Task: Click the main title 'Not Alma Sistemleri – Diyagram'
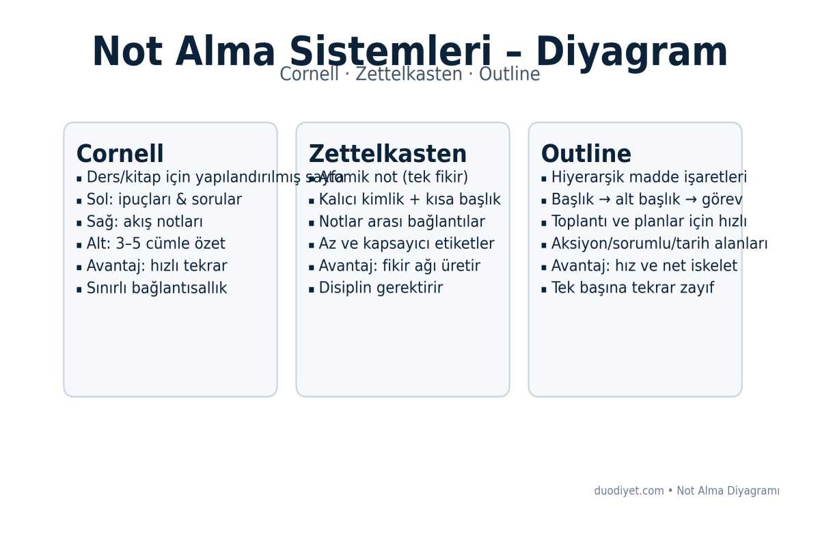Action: click(410, 52)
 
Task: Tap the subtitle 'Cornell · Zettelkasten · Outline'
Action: click(410, 75)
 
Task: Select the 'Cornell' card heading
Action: click(120, 155)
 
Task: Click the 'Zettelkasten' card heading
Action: click(387, 155)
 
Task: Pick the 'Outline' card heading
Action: click(586, 155)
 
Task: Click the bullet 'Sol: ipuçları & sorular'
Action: click(164, 200)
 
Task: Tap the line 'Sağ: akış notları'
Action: click(144, 222)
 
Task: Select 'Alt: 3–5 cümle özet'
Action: click(156, 244)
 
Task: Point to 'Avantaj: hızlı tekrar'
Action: click(156, 266)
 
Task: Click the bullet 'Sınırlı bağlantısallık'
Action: click(156, 289)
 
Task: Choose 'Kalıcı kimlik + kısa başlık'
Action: click(409, 200)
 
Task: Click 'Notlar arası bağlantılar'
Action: click(402, 222)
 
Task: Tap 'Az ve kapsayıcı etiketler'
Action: click(406, 244)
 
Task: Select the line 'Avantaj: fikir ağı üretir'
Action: click(399, 266)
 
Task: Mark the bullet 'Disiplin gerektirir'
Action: click(381, 289)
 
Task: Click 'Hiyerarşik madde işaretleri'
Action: click(648, 178)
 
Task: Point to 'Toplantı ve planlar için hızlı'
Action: click(648, 222)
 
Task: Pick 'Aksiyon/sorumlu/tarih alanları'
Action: click(659, 244)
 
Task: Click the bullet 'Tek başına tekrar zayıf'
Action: click(632, 289)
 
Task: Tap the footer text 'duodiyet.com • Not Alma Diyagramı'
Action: click(686, 491)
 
